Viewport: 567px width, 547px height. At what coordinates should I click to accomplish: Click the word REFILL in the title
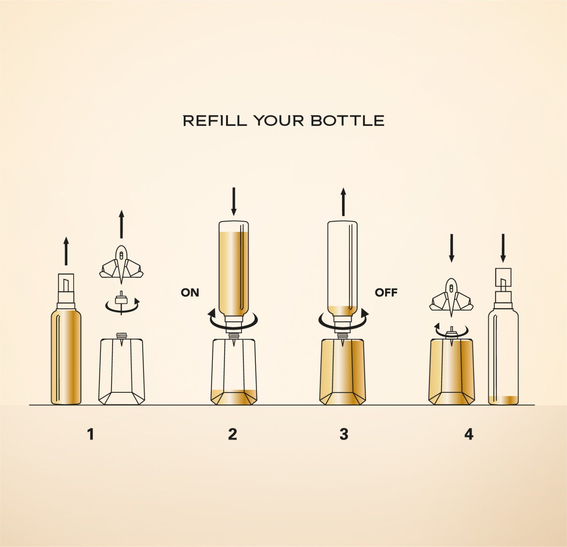coord(215,121)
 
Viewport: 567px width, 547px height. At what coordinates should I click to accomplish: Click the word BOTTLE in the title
coord(347,121)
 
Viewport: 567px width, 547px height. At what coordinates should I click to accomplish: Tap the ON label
coord(190,293)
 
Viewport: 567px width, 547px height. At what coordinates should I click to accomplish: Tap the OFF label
coord(386,293)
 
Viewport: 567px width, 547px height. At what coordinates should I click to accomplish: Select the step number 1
coord(90,434)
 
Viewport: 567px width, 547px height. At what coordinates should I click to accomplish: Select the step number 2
coord(232,434)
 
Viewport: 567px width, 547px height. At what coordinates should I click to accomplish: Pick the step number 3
coord(344,434)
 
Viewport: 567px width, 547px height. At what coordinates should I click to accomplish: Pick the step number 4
coord(469,434)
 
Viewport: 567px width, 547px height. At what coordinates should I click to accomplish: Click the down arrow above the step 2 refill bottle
coord(234,201)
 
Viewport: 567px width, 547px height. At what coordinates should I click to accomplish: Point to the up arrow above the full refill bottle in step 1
coord(66,251)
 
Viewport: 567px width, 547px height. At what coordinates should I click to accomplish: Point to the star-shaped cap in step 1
coord(121,265)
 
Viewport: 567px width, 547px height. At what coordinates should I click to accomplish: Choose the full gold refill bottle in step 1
coord(66,339)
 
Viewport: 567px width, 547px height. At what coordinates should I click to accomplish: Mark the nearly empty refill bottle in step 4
coord(503,336)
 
